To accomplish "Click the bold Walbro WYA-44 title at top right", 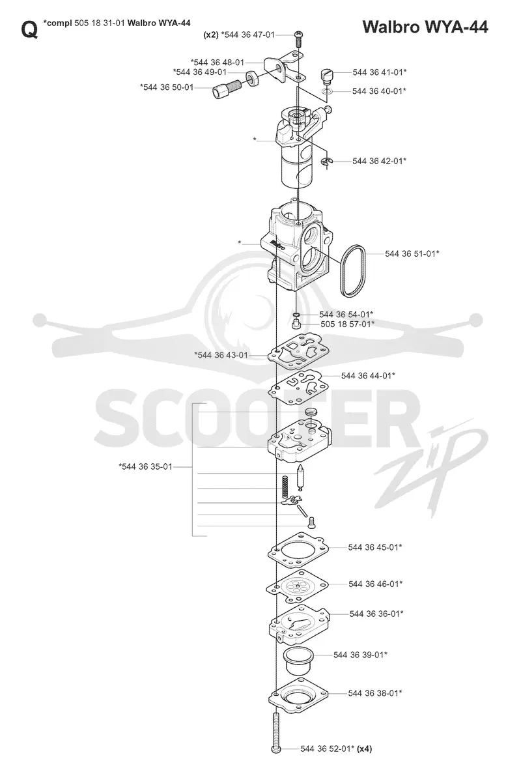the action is [425, 27].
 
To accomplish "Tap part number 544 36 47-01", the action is [248, 35].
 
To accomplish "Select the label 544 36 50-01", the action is [167, 87].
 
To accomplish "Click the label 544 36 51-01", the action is [412, 253].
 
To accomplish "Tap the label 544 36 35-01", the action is [146, 466].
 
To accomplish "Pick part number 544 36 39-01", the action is [360, 655].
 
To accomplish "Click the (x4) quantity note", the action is [364, 749].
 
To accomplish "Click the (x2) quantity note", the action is [210, 35].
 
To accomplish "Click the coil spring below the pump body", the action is [285, 489].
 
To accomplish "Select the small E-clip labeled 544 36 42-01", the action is [328, 162].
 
